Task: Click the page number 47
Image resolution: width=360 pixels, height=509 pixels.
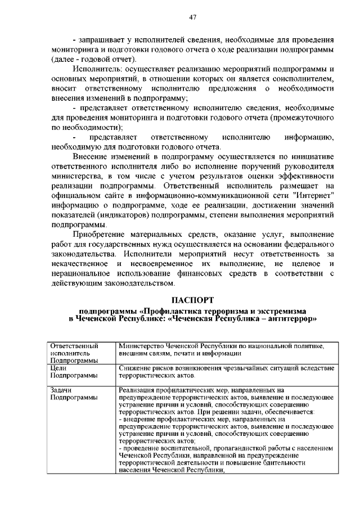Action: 192,17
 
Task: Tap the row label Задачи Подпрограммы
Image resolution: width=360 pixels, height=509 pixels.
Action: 66,393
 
